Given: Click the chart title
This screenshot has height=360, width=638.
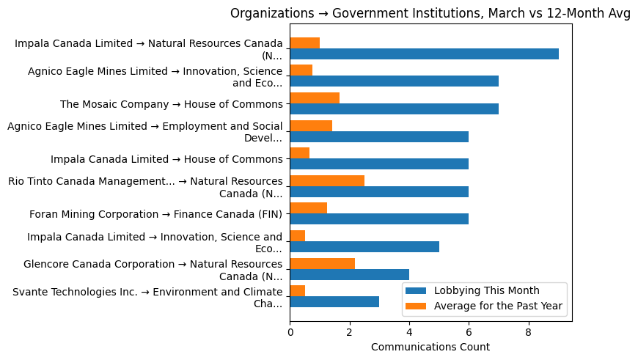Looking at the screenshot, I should pyautogui.click(x=430, y=13).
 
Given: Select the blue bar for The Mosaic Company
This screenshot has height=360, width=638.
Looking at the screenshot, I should pyautogui.click(x=394, y=109).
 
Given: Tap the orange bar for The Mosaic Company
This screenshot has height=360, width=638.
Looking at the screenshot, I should pyautogui.click(x=315, y=98).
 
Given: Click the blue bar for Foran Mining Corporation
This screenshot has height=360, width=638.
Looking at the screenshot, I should pyautogui.click(x=379, y=218).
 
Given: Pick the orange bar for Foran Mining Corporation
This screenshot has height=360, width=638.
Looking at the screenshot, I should pyautogui.click(x=308, y=208).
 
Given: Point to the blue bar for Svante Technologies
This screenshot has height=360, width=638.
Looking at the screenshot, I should pyautogui.click(x=334, y=301).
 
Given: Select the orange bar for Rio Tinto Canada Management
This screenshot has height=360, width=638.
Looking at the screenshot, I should pyautogui.click(x=327, y=180).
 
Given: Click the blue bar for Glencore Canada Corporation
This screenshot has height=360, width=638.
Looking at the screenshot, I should pyautogui.click(x=349, y=273).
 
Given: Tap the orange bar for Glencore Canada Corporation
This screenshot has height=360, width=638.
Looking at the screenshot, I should pyautogui.click(x=322, y=263).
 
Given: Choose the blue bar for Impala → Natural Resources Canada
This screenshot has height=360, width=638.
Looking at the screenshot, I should pyautogui.click(x=424, y=54).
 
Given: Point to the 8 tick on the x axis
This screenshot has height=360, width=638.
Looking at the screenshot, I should pyautogui.click(x=529, y=332).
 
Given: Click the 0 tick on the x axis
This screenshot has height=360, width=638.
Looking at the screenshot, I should pyautogui.click(x=290, y=332).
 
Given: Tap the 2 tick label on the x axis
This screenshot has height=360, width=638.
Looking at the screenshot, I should pyautogui.click(x=349, y=332).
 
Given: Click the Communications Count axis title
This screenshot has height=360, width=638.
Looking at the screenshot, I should pyautogui.click(x=430, y=346).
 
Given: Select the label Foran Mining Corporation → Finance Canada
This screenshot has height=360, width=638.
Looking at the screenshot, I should pyautogui.click(x=155, y=214).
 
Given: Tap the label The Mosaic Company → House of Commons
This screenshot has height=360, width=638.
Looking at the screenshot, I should pyautogui.click(x=171, y=104).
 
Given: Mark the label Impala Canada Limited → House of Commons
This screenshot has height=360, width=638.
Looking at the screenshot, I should pyautogui.click(x=166, y=159).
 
